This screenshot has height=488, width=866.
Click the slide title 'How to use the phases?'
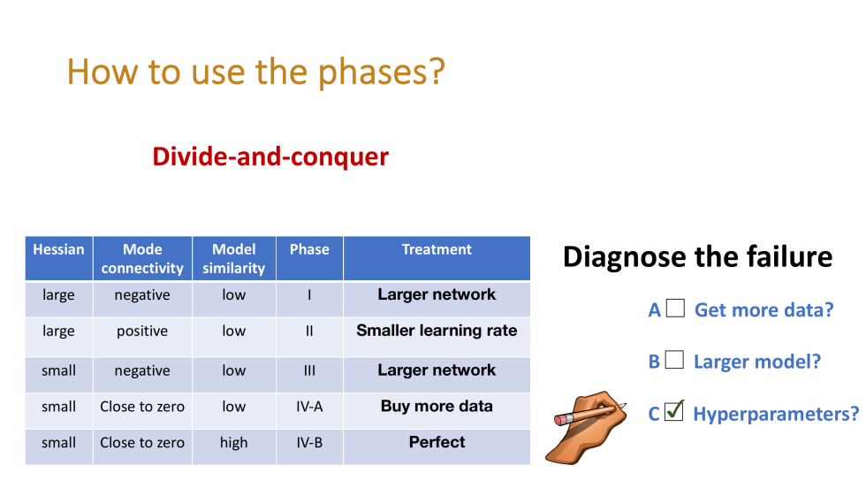click(x=255, y=72)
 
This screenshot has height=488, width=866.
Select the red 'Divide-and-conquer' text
click(x=270, y=156)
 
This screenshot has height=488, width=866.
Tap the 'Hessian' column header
click(x=58, y=250)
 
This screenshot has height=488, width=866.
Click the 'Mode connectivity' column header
click(x=142, y=258)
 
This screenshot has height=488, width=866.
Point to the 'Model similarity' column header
click(x=233, y=258)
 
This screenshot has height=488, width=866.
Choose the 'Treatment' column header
click(x=437, y=250)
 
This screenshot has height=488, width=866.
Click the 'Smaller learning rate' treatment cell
click(x=437, y=331)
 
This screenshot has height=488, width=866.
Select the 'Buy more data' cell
click(x=437, y=407)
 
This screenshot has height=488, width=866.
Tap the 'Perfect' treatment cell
click(x=437, y=442)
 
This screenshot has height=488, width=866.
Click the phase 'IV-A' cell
click(x=309, y=407)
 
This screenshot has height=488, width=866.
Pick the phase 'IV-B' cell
click(x=309, y=442)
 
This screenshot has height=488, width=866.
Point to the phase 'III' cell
click(x=309, y=370)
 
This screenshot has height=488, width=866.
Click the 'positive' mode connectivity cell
click(x=142, y=331)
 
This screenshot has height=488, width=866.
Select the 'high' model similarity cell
click(x=233, y=442)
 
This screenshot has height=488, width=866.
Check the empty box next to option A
click(x=675, y=309)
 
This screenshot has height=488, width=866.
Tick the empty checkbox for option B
click(x=674, y=360)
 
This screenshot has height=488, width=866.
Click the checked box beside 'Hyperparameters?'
click(x=674, y=411)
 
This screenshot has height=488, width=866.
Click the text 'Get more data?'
click(x=763, y=309)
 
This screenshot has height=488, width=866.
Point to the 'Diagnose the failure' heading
click(x=697, y=257)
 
